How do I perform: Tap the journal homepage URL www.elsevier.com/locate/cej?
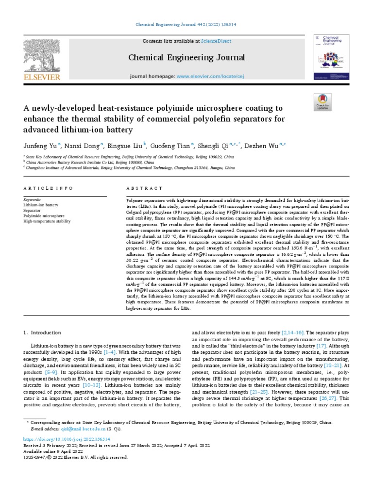[216, 77]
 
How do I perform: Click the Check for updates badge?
[322, 100]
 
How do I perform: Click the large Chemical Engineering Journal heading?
[186, 58]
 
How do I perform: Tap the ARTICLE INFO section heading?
[48, 188]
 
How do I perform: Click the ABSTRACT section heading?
[144, 188]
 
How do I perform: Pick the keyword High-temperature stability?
[47, 221]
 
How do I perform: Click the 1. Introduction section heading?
[42, 332]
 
